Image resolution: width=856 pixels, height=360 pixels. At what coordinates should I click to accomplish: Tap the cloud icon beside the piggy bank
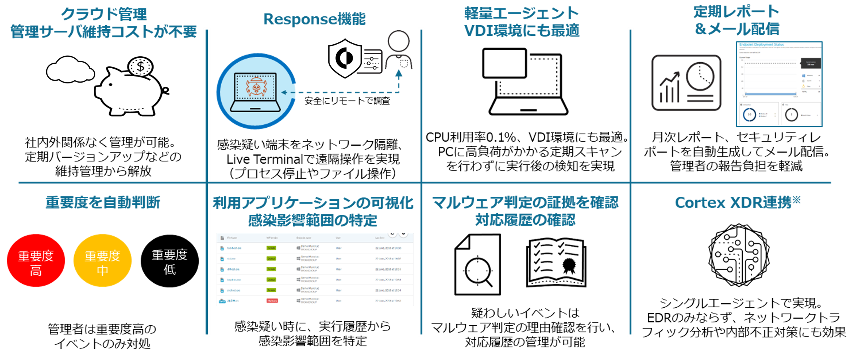(x=70, y=70)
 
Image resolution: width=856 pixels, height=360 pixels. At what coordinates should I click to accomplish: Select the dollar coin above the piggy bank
(x=140, y=66)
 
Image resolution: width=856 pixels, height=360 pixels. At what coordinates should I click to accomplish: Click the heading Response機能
(x=314, y=19)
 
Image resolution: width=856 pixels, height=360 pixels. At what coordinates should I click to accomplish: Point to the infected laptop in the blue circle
(x=255, y=91)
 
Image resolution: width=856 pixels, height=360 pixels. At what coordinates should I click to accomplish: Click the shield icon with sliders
(x=354, y=56)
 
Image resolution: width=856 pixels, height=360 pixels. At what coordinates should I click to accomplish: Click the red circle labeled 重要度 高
(x=36, y=261)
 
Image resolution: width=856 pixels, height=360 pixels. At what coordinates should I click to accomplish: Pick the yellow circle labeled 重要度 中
(x=103, y=261)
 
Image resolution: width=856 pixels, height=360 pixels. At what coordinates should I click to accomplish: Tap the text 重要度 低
(x=170, y=262)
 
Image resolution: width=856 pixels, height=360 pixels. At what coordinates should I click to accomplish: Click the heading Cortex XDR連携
(x=737, y=202)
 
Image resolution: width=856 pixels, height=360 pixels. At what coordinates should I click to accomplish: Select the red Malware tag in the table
(x=272, y=301)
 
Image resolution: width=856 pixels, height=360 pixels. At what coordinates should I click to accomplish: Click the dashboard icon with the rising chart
(x=686, y=83)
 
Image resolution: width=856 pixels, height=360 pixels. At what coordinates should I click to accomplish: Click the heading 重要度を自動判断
(x=103, y=202)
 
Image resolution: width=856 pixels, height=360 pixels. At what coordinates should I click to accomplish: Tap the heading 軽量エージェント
(x=521, y=13)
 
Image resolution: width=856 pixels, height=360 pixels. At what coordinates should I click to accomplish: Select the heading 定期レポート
(x=736, y=12)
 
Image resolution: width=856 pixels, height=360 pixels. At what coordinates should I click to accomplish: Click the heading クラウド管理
(x=104, y=14)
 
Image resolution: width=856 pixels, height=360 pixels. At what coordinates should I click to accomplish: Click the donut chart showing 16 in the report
(x=749, y=115)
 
